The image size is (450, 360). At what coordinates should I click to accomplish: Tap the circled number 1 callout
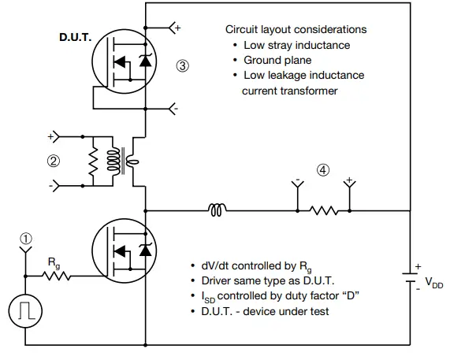click(25, 237)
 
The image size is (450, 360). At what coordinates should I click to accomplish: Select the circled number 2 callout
click(54, 161)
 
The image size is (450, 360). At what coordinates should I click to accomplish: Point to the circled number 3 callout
click(183, 66)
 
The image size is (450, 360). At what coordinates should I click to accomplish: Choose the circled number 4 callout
click(323, 169)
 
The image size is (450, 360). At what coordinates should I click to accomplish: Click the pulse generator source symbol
click(25, 311)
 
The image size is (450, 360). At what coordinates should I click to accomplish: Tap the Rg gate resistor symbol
click(58, 276)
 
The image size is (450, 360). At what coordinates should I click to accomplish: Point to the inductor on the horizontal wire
click(218, 210)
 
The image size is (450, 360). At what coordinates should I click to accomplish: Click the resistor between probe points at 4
click(323, 210)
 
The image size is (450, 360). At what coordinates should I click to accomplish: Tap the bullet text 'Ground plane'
click(277, 60)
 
